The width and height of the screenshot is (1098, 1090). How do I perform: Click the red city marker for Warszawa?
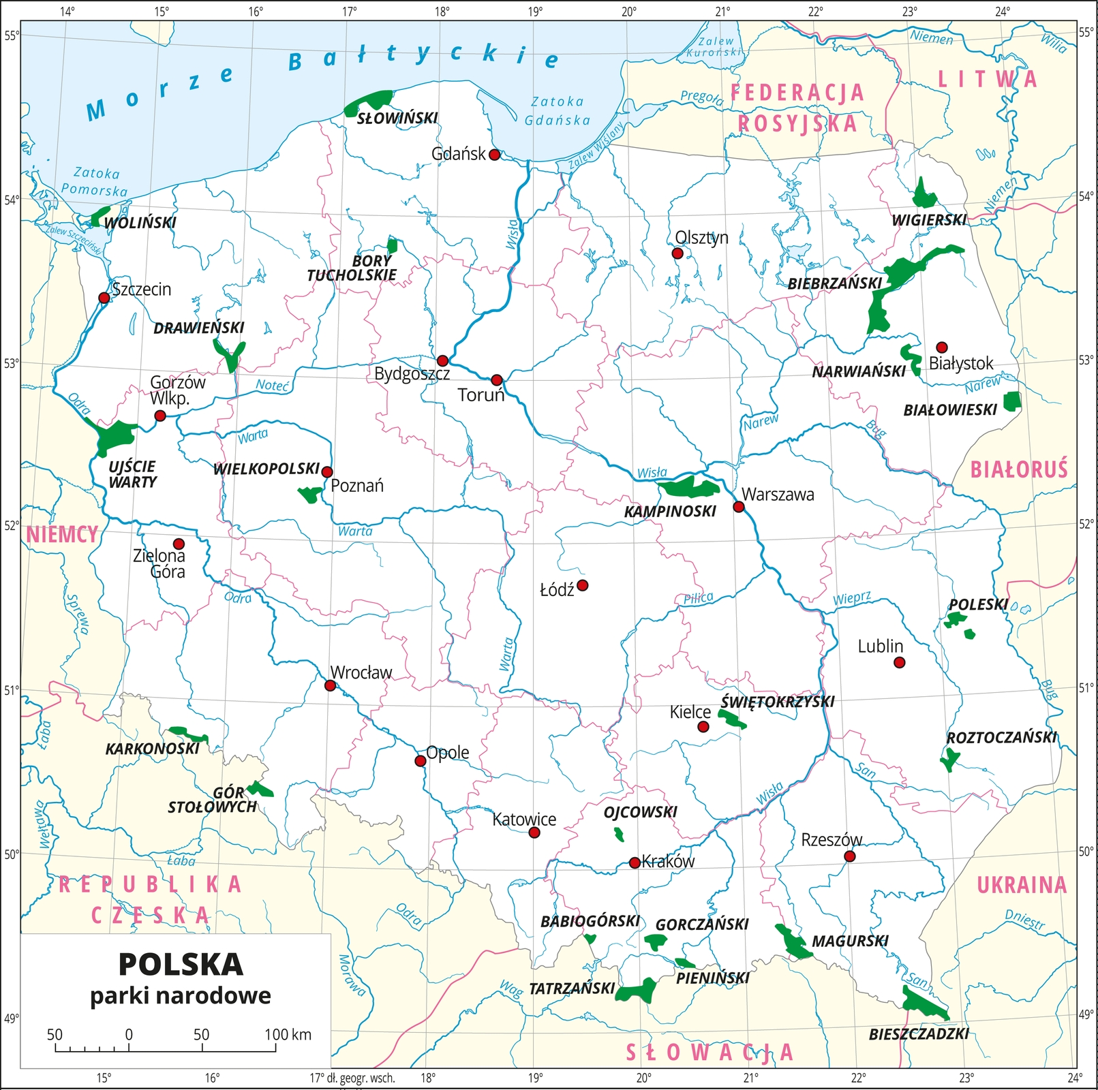click(738, 506)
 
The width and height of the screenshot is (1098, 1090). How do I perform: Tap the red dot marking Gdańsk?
click(495, 155)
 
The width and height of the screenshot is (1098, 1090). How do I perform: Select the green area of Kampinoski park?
click(688, 487)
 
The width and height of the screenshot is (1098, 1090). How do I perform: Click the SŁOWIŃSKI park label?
click(397, 119)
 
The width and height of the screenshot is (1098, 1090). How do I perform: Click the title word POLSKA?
click(181, 965)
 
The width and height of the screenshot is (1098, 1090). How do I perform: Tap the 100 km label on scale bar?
click(288, 1035)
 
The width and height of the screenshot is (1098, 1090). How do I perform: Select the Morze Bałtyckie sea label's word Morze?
click(161, 91)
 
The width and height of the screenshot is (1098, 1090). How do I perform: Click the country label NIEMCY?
click(62, 535)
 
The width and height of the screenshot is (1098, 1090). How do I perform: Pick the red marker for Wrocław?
click(331, 685)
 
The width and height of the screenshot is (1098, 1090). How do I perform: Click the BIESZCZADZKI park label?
click(919, 1034)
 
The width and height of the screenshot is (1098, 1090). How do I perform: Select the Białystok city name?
click(961, 364)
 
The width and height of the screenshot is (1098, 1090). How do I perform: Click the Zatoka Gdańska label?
click(558, 111)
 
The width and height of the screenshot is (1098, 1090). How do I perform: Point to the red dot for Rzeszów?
click(849, 856)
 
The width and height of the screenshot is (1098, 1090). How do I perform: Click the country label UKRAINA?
click(1022, 885)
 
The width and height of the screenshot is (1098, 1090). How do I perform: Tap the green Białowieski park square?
click(1012, 401)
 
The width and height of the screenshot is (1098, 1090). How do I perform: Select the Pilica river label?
click(698, 598)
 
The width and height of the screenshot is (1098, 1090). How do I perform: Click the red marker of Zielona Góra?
click(179, 544)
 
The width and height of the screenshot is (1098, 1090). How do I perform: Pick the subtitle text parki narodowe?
click(181, 996)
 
